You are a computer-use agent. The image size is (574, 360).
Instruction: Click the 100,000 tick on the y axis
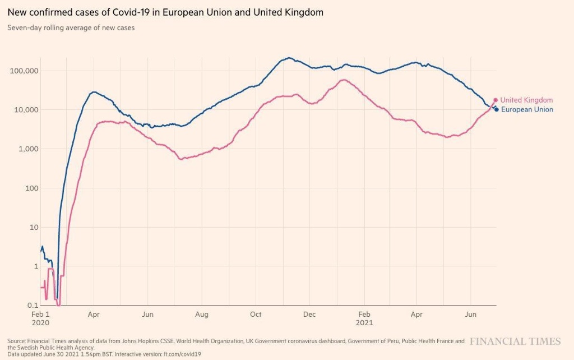pos(24,71)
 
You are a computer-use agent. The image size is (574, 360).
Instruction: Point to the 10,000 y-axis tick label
pos(26,110)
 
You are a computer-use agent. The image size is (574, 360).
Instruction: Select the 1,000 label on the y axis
pos(27,149)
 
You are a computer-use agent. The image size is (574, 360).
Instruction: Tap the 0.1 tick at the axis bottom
pos(32,305)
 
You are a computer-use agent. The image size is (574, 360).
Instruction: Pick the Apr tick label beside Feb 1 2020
pos(94,315)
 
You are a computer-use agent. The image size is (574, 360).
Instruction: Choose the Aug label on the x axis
pos(202,315)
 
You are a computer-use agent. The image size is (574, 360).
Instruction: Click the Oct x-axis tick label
pos(256,315)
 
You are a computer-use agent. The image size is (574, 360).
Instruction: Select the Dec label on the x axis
pos(309,315)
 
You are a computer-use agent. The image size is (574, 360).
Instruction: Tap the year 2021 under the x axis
pos(364,323)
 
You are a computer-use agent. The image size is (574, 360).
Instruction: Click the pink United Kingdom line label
pos(526,100)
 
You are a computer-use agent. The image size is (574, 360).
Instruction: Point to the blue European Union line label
pos(527,109)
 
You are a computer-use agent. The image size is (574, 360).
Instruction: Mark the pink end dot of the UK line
pos(496,100)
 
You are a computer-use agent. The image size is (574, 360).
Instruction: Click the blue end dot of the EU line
pos(497,109)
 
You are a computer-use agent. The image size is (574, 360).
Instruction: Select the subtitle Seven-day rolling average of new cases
pos(71,27)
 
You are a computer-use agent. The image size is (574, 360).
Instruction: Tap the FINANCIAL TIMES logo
pos(515,341)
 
